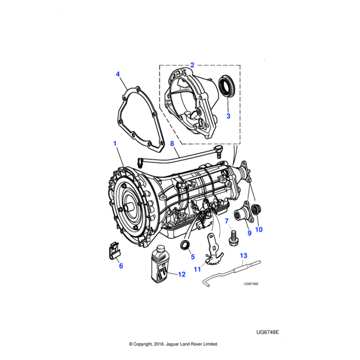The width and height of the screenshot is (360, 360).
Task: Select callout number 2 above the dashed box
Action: (x=192, y=64)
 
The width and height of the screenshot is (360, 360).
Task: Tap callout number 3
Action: (x=228, y=116)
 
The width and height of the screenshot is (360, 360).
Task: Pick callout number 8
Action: (x=172, y=144)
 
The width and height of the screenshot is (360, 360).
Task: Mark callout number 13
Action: (x=244, y=256)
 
